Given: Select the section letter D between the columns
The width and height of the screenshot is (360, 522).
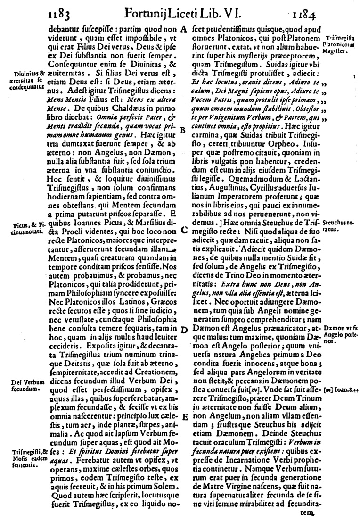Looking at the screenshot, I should [x=183, y=330].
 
